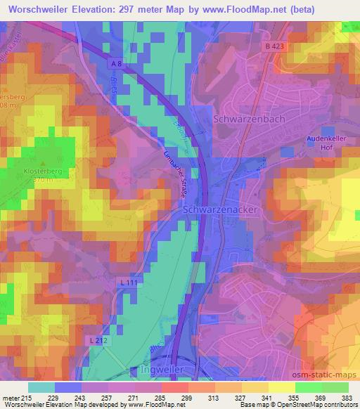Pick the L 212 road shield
coord(98,339)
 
